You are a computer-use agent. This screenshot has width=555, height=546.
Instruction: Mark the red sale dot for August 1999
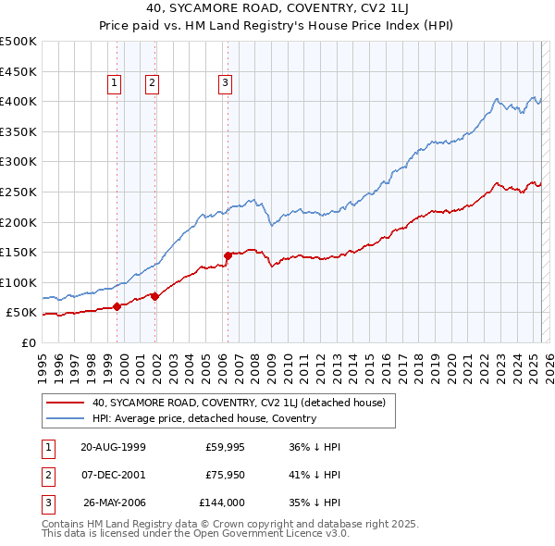point(117,306)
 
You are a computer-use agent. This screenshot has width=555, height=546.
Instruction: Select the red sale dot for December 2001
point(155,296)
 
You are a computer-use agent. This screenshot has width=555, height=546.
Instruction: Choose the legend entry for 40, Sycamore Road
point(244,403)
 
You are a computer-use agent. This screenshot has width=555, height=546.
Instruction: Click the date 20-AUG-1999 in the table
point(113,447)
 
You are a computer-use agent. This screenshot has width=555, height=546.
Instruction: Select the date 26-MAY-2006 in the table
point(115,503)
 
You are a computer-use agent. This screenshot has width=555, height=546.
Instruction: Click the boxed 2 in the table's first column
point(45,475)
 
